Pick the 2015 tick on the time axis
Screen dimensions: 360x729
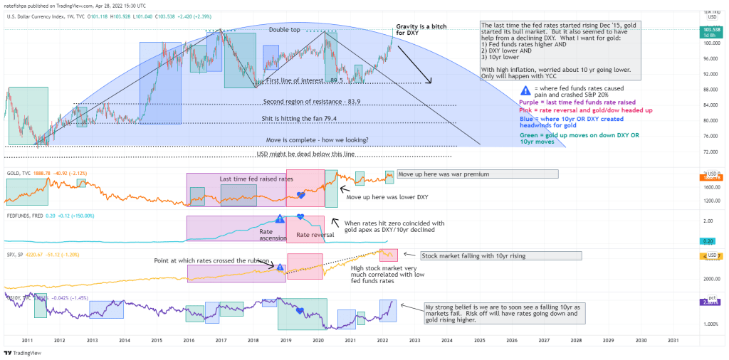pos(156,342)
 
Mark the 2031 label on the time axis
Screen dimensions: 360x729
pos(673,342)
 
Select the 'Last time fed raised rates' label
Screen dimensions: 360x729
pos(256,179)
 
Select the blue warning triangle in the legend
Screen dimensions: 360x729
pos(525,90)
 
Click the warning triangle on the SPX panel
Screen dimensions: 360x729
pos(280,268)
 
